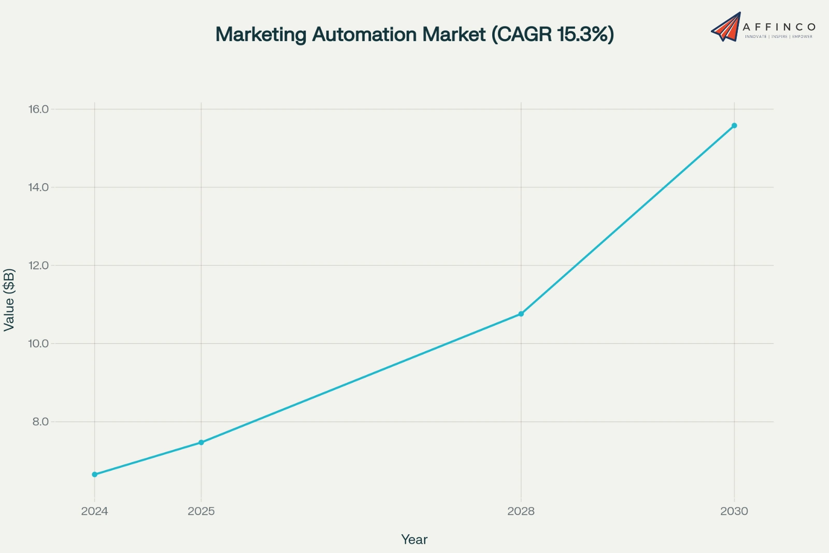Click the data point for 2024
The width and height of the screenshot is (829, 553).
pos(94,474)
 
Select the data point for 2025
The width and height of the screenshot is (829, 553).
pos(201,443)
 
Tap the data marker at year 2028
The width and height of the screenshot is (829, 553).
pos(521,314)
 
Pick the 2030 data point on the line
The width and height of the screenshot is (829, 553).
pos(734,126)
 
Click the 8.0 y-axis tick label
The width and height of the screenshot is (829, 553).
pos(40,421)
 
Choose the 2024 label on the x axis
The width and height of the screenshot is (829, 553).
pos(94,511)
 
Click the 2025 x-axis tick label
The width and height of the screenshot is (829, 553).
pos(201,511)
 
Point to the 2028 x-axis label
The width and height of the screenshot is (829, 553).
pos(521,511)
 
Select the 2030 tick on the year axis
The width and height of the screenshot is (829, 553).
pos(734,511)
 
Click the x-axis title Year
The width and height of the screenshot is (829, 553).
pos(414,540)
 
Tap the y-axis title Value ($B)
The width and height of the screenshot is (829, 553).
pos(9,299)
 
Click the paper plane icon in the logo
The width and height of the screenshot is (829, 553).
pos(726,27)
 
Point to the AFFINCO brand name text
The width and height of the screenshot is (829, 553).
pos(779,26)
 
